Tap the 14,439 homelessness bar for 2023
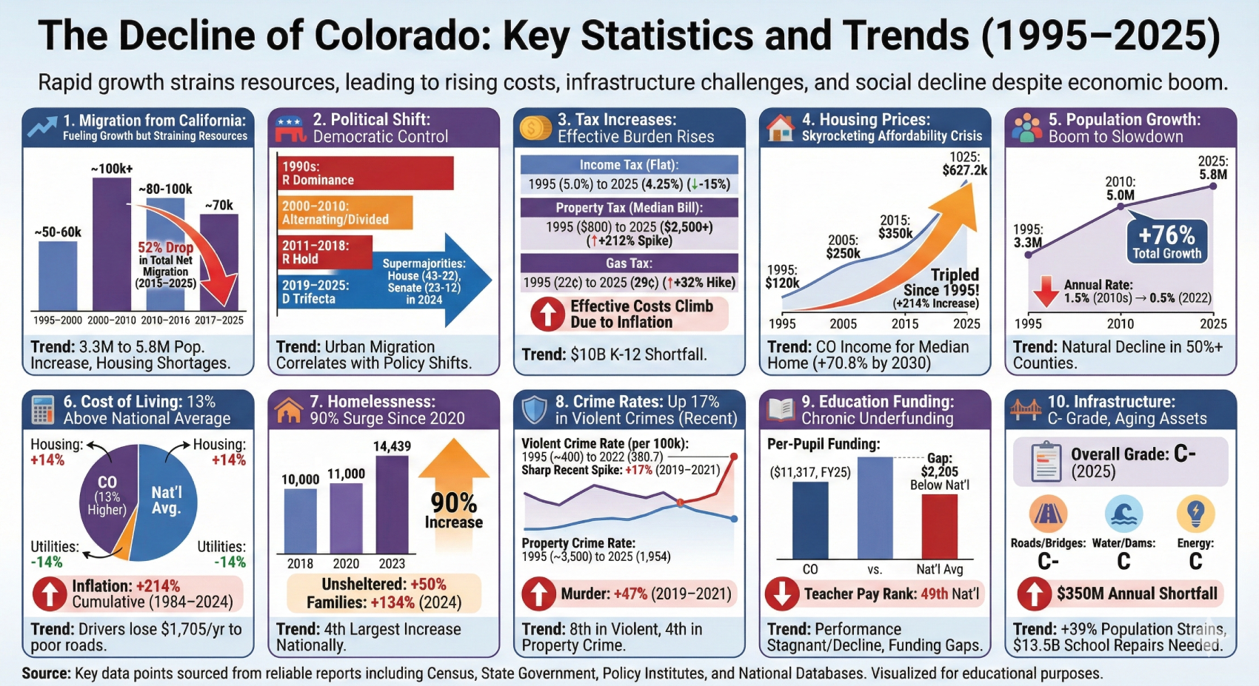392,505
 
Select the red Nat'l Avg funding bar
939,526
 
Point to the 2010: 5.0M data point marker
1121,206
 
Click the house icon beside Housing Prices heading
780,127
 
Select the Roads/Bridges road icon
1048,514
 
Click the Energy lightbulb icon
1195,513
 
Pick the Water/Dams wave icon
1123,514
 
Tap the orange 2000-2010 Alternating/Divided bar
345,213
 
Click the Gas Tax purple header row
629,263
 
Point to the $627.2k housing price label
964,170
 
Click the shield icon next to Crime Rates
534,410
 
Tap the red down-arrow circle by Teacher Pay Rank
781,593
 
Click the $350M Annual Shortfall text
1136,593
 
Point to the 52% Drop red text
165,248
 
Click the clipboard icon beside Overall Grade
1046,462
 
